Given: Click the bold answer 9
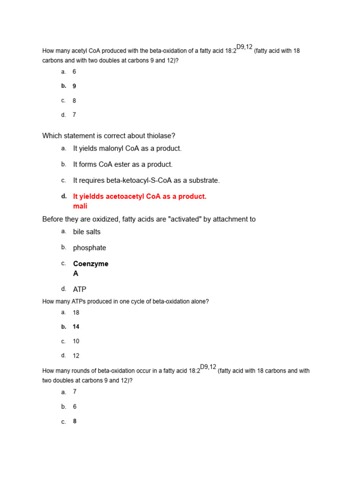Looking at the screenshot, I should [x=75, y=86].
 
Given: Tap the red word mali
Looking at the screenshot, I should [x=80, y=206].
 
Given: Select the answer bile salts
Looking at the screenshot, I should [x=87, y=232].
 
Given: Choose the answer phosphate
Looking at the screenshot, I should [x=90, y=247].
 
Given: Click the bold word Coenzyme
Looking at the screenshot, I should [x=90, y=264].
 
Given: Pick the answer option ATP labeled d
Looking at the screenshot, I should [x=80, y=290].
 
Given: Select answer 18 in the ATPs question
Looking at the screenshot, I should [x=76, y=312].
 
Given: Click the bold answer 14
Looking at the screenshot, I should [x=76, y=327].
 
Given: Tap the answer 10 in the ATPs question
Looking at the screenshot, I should [x=76, y=341].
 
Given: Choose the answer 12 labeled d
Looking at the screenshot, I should [x=76, y=356].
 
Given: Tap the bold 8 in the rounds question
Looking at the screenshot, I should [x=75, y=421].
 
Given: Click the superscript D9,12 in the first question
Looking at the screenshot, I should [x=244, y=47].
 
